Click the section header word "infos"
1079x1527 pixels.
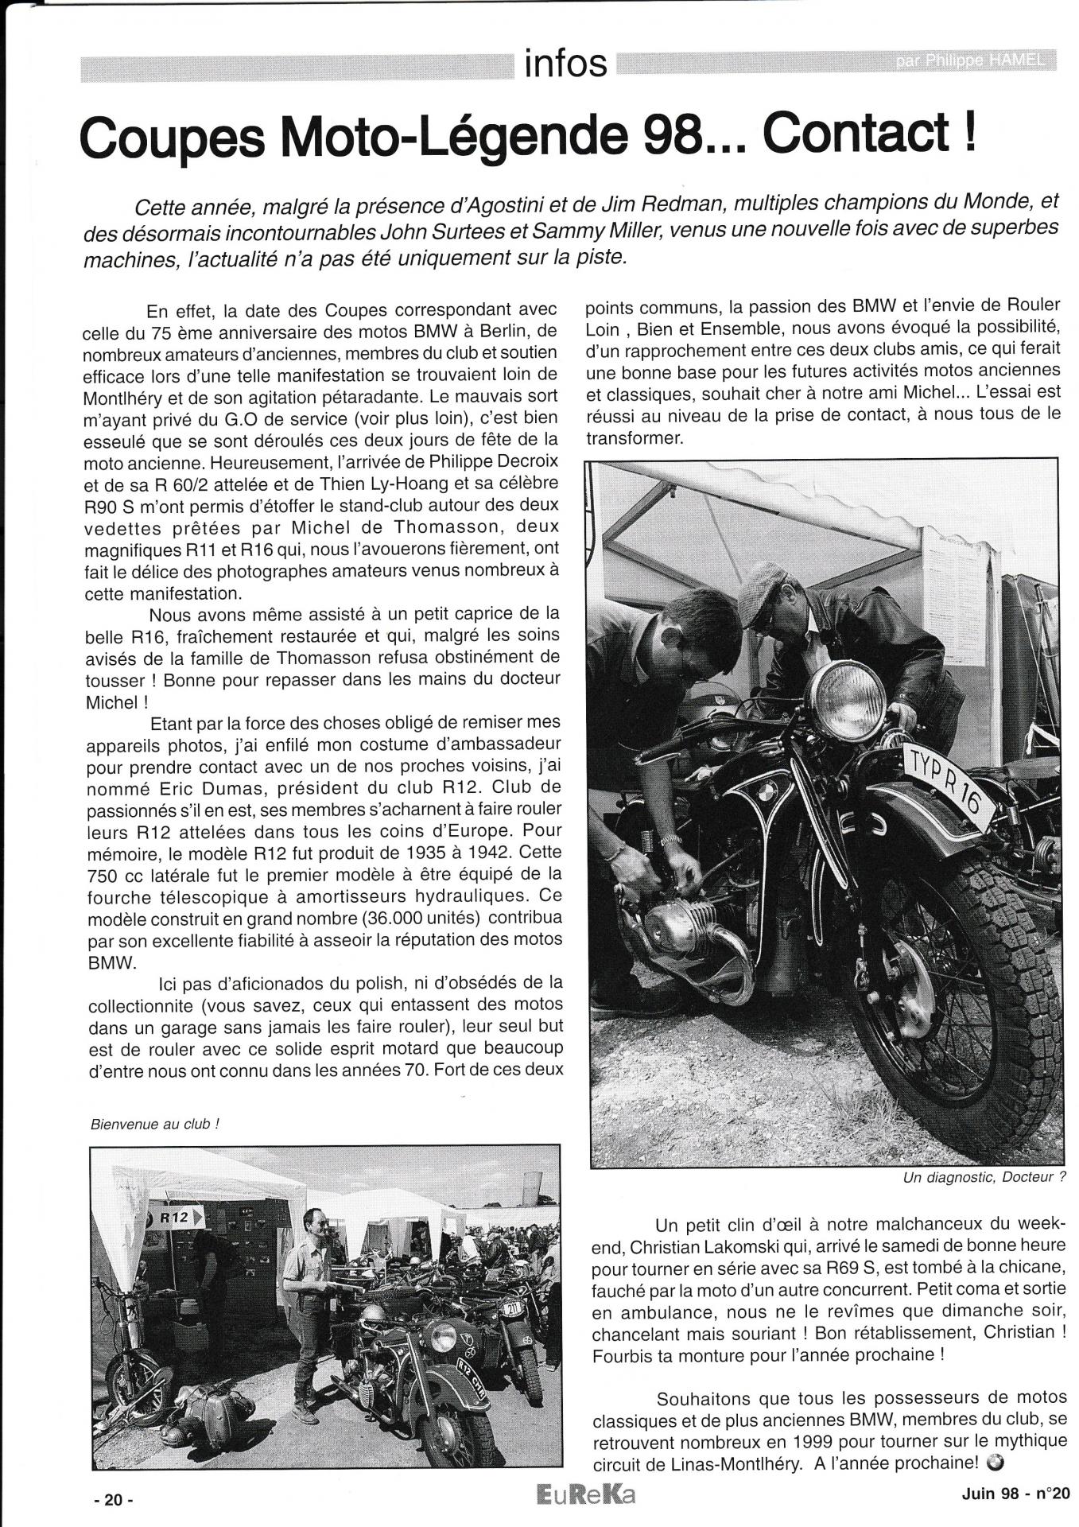[565, 64]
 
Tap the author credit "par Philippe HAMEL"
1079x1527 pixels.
[969, 63]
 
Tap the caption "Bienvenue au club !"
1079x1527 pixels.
[156, 1124]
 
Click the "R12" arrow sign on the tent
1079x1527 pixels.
[175, 1218]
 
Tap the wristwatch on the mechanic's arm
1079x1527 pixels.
[672, 840]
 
